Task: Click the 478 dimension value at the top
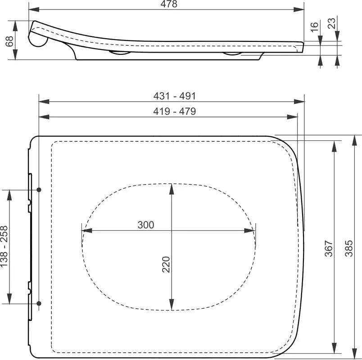(169, 4)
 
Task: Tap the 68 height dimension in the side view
(10, 41)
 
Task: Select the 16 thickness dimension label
(314, 27)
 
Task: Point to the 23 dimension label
(332, 23)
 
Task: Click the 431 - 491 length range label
(175, 96)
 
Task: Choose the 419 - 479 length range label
(175, 112)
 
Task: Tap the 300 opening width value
(146, 225)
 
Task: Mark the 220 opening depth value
(166, 265)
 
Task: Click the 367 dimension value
(329, 248)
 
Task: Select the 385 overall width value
(349, 248)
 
